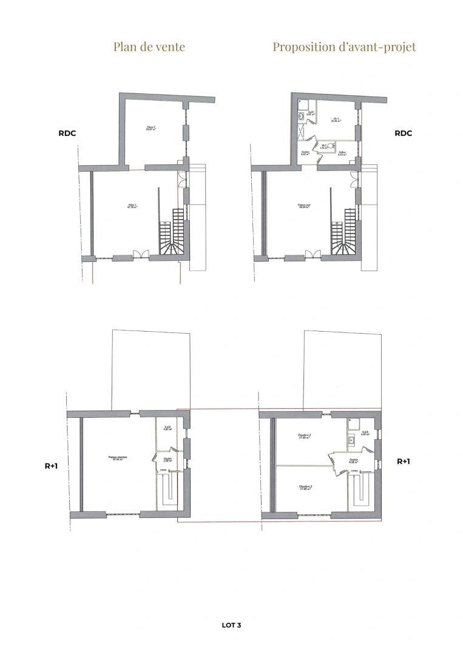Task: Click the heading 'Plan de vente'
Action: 149,47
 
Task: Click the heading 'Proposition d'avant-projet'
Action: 344,47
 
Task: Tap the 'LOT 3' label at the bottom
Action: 232,624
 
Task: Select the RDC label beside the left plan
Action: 67,133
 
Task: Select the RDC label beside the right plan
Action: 404,133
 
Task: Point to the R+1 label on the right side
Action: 404,461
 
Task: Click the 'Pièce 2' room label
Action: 151,128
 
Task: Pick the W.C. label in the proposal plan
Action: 325,146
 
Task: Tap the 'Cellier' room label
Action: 342,153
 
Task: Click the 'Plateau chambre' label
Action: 118,458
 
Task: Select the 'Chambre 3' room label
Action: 305,487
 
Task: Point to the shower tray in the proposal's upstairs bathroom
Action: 353,423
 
